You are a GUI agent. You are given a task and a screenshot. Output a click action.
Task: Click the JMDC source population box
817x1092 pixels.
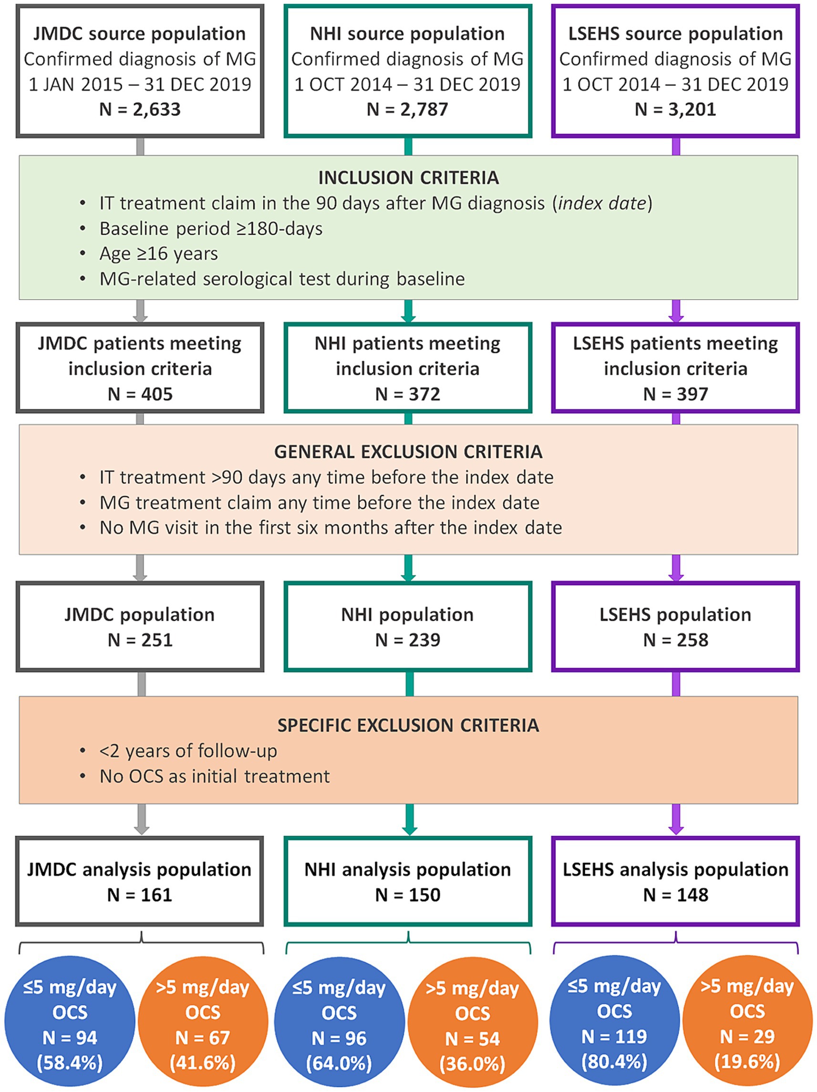(140, 71)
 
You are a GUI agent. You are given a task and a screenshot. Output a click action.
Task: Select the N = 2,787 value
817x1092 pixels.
(407, 109)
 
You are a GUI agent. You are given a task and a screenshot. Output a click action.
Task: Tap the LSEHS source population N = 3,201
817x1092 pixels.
(675, 109)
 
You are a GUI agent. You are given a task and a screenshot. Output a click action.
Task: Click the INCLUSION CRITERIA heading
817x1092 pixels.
(408, 178)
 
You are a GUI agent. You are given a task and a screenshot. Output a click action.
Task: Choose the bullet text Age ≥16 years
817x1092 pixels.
(158, 254)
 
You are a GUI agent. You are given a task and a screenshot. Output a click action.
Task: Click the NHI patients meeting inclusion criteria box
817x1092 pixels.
(407, 368)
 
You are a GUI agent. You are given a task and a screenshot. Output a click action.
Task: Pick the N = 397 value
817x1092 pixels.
(675, 394)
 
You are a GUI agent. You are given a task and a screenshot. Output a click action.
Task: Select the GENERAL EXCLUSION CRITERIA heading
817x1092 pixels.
(408, 452)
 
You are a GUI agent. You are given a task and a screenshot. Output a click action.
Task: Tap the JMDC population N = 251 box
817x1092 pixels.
(140, 627)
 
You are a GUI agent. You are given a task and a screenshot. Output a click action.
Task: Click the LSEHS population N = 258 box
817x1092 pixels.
(675, 627)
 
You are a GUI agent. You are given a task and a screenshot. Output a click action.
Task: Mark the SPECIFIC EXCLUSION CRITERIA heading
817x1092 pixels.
(408, 725)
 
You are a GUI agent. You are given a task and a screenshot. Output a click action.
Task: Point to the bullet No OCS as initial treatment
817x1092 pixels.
(214, 776)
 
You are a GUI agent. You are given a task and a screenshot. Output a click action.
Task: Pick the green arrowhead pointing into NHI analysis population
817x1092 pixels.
(409, 829)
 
